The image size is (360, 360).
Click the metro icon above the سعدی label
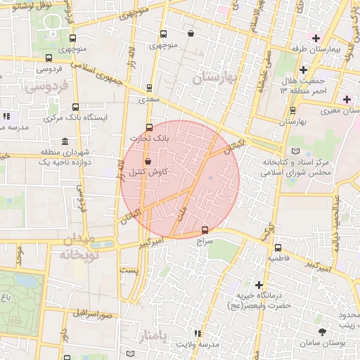(148, 89)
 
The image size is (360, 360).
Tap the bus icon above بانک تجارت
(148, 127)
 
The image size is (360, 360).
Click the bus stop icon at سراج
(205, 229)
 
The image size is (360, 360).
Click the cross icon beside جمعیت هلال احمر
(303, 70)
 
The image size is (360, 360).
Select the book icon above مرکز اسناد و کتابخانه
(295, 151)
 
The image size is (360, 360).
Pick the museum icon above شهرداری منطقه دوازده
(65, 140)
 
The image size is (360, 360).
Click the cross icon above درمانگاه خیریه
(259, 285)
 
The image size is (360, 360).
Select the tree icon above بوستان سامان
(322, 330)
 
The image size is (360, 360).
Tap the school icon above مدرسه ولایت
(198, 333)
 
